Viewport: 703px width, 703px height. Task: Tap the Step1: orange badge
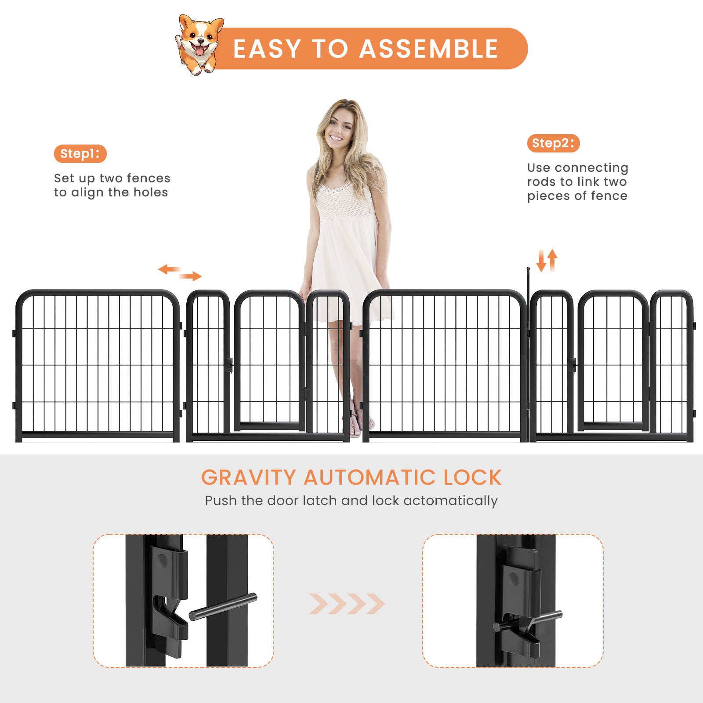pyautogui.click(x=80, y=154)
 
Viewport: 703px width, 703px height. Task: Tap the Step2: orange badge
pyautogui.click(x=553, y=143)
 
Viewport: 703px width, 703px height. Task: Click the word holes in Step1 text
pyautogui.click(x=151, y=192)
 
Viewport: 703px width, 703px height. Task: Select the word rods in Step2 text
pyautogui.click(x=541, y=182)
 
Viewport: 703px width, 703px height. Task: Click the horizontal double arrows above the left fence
pyautogui.click(x=180, y=272)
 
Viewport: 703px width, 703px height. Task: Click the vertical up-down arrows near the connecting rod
pyautogui.click(x=547, y=260)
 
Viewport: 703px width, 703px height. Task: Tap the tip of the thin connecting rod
pyautogui.click(x=528, y=268)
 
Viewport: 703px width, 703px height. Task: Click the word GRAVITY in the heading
pyautogui.click(x=249, y=478)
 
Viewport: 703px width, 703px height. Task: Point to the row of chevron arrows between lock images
pyautogui.click(x=347, y=604)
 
